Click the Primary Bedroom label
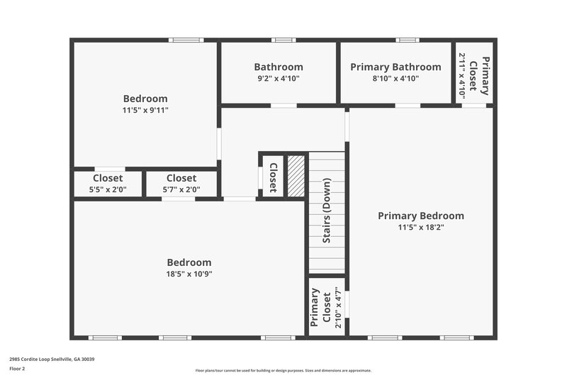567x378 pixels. [x=420, y=216]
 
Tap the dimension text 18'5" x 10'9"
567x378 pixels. [x=189, y=274]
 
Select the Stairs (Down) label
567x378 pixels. [x=327, y=215]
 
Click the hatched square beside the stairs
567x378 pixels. [x=296, y=176]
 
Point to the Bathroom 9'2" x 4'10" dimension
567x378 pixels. [x=278, y=79]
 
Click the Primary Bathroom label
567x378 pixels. [x=395, y=67]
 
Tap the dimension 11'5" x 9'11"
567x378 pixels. [x=145, y=110]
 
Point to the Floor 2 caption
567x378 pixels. [x=17, y=369]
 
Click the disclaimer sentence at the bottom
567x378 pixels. [x=283, y=370]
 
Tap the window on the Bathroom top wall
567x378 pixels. [x=283, y=40]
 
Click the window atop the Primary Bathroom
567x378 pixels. [x=407, y=40]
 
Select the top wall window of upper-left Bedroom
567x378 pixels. [x=181, y=40]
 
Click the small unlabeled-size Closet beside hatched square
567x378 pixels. [x=272, y=177]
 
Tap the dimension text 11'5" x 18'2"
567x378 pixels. [x=420, y=228]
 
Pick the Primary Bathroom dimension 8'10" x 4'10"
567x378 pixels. [x=395, y=79]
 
